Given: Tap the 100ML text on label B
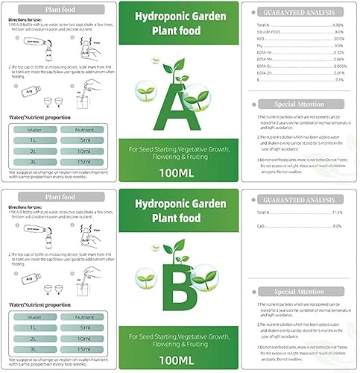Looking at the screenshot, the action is [x=179, y=358].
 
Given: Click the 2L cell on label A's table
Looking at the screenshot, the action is [x=30, y=149].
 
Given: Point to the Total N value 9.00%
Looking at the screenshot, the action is [x=337, y=25].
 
